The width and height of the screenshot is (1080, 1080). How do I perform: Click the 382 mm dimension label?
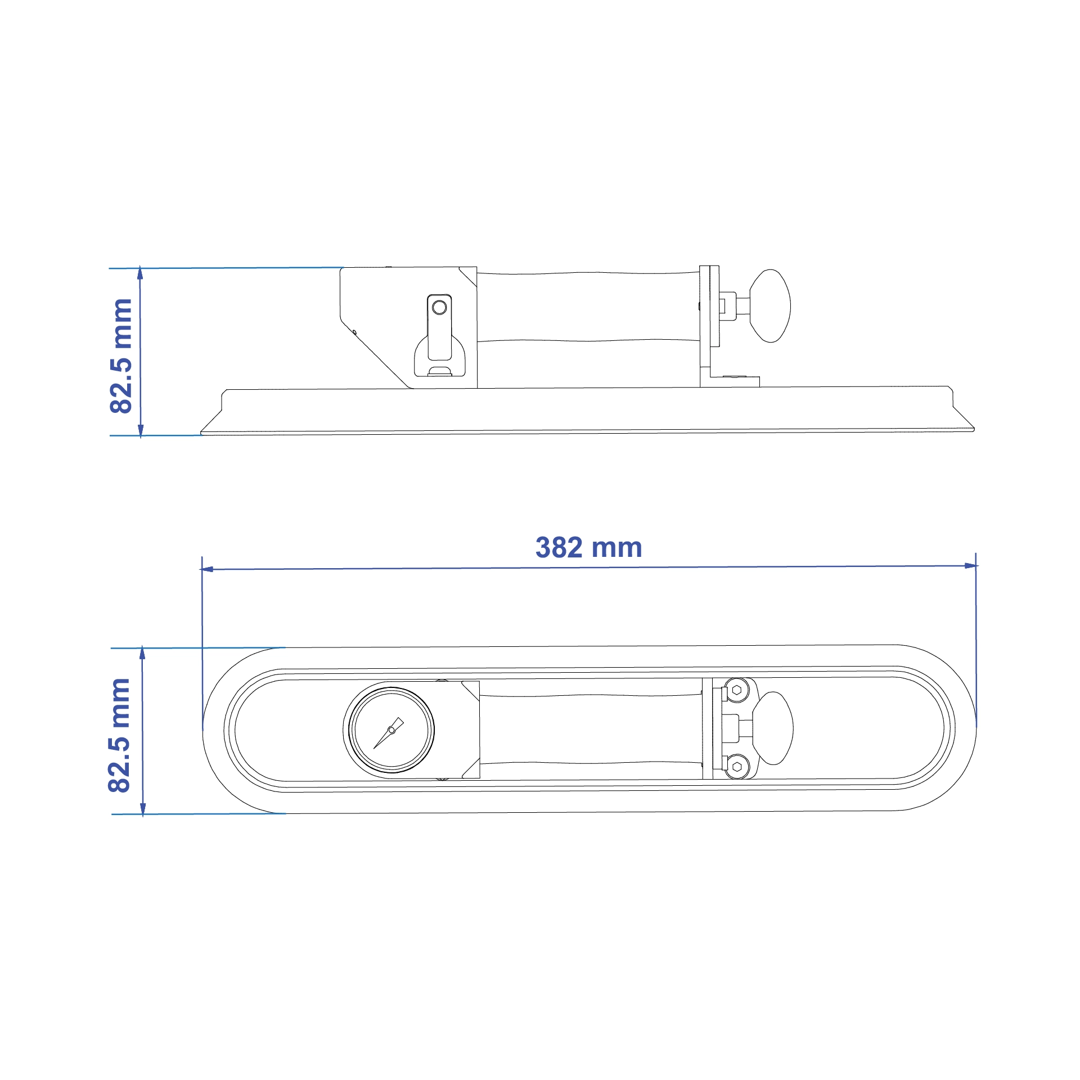[588, 547]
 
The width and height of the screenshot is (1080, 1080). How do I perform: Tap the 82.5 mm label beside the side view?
[121, 357]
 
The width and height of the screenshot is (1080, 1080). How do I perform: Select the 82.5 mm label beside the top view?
[119, 736]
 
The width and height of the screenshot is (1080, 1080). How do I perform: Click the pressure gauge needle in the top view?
[389, 733]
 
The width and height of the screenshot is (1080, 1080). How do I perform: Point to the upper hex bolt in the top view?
[737, 690]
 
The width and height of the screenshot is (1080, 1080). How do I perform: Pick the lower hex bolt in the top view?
[737, 767]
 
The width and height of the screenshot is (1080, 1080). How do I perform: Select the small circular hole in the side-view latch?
[439, 307]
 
